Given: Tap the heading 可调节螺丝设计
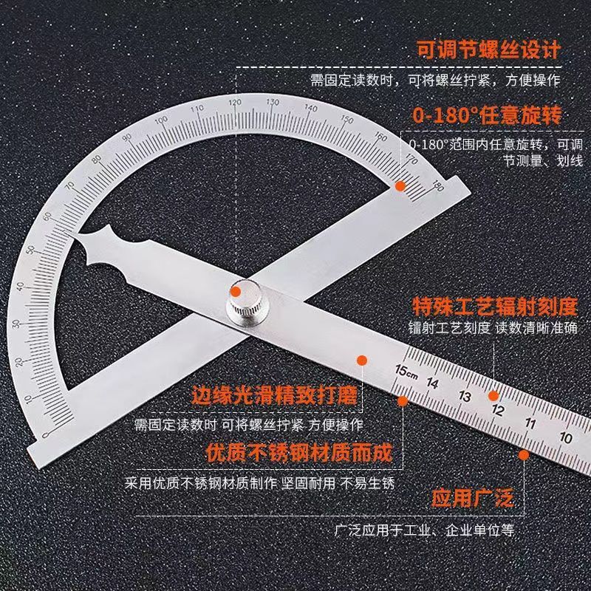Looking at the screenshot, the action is (488, 50).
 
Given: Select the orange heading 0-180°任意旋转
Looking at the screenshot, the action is (488, 116).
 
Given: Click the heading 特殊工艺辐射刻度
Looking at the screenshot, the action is (493, 306).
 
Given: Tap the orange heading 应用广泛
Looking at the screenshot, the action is (472, 497).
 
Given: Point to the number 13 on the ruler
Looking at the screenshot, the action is (465, 397).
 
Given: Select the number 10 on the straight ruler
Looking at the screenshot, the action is (566, 436).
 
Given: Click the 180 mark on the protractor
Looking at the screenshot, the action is (439, 186).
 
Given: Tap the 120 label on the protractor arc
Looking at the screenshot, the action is (236, 102).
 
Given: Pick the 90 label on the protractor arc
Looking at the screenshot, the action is (126, 137).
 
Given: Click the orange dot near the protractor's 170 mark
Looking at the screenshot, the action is (400, 187).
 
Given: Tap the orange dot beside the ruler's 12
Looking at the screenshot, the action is (494, 397).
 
